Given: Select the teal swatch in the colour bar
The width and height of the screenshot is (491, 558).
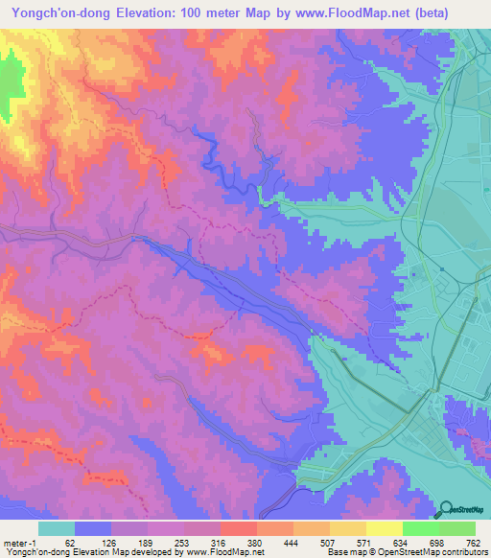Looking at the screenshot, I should (x=56, y=528).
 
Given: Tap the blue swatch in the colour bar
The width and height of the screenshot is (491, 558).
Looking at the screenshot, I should (x=93, y=528).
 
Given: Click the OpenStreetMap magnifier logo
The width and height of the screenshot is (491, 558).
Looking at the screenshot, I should (x=445, y=510).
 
